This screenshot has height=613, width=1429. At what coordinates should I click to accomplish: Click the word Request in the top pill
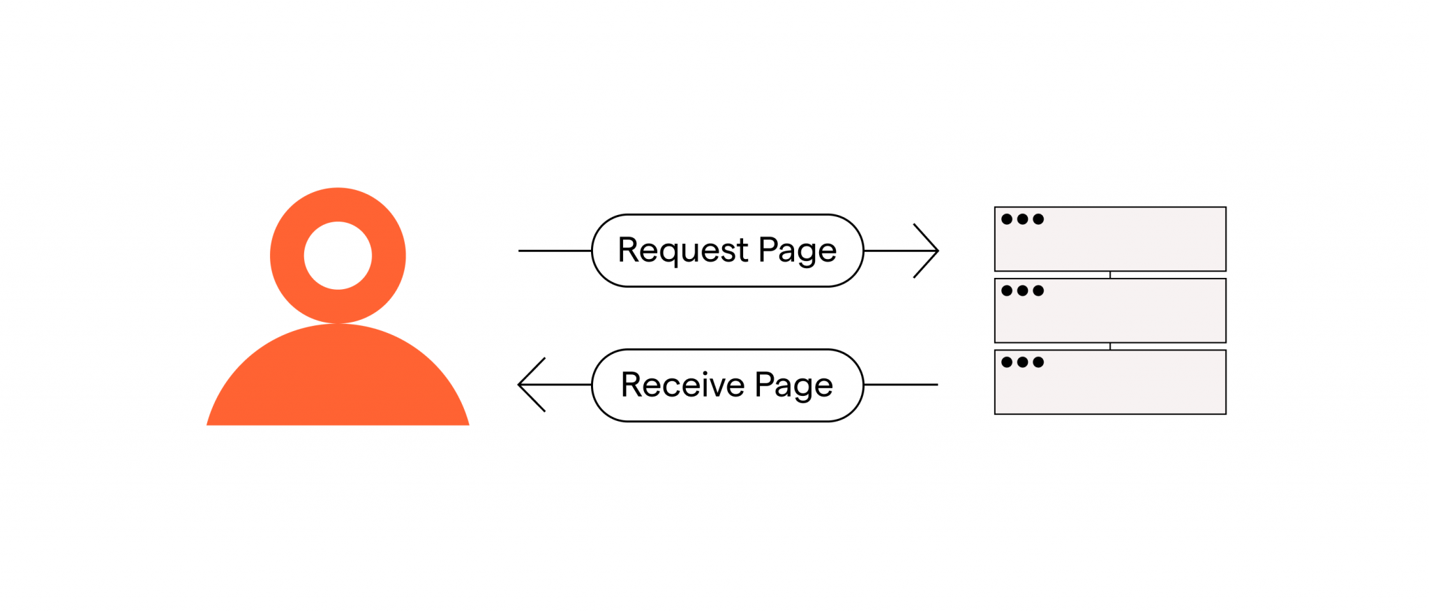pos(682,251)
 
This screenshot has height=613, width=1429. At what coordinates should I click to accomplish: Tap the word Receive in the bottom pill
pos(682,385)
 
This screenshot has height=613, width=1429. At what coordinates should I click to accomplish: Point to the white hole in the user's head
pos(338,256)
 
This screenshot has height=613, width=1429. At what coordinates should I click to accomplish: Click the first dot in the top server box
pos(1007,219)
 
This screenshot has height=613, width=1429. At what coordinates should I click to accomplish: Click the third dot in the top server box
pos(1038,219)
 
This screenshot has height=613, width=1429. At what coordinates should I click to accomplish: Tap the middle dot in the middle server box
pos(1022,290)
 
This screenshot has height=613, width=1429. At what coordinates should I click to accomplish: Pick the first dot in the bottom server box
pos(1007,362)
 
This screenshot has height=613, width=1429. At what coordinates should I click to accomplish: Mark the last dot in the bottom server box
pos(1038,362)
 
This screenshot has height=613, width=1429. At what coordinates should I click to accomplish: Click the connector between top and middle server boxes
pos(1110,275)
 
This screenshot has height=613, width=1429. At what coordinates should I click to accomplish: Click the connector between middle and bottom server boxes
pos(1110,346)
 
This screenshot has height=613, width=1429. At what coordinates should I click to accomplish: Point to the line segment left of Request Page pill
pos(555,251)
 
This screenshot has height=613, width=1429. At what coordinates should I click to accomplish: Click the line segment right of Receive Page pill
pos(900,385)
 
